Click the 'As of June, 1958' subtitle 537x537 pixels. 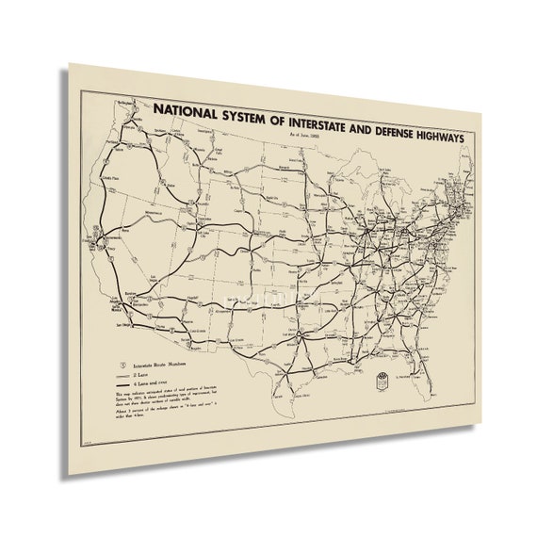click(300, 139)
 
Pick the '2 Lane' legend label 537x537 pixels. click(142, 374)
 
